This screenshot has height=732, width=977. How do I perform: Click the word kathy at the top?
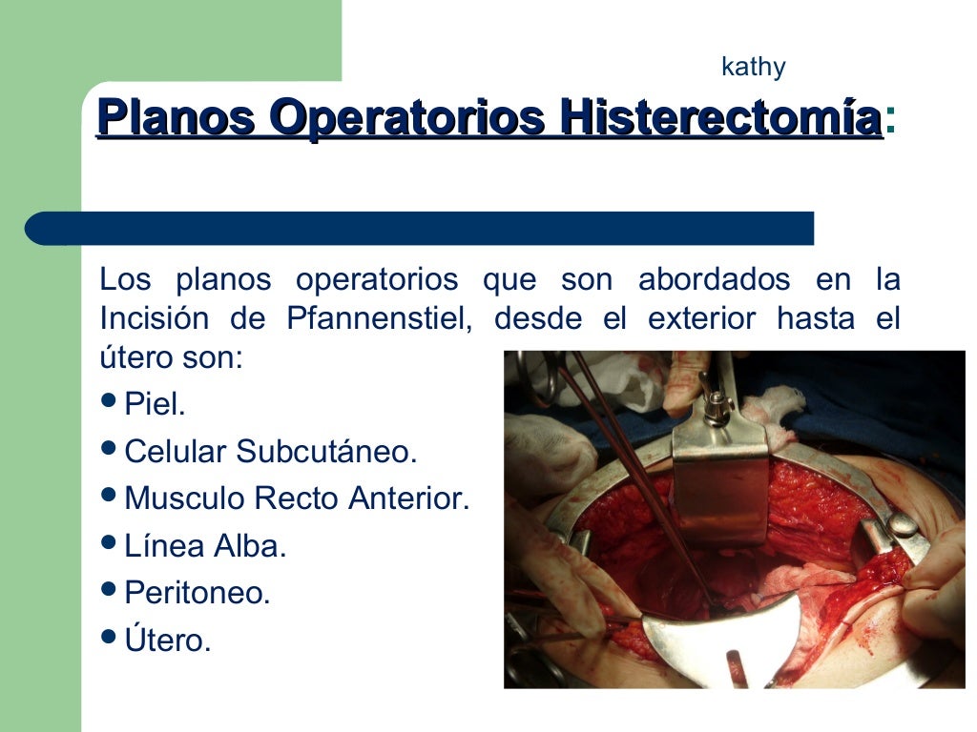[753, 68]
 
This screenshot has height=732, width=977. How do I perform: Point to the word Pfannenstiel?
[379, 318]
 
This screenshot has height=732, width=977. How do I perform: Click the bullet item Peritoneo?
[197, 593]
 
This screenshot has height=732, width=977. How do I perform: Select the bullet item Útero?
[167, 640]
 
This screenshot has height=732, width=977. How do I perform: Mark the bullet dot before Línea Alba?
[109, 543]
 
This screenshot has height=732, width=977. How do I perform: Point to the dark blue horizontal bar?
[420, 229]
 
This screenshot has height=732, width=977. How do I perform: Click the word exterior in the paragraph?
[702, 318]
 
